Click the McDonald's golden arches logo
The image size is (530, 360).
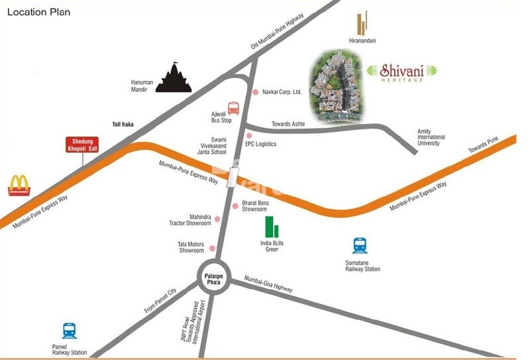coord(19,186)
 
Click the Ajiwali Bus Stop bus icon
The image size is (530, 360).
coord(234,109)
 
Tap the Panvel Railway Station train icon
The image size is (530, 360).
coord(69,331)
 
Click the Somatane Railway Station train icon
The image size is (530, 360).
coord(360,246)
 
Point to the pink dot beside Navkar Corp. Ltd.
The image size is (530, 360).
coord(256,92)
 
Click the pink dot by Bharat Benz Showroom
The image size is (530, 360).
coord(235,206)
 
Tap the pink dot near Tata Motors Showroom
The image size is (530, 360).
coord(213,249)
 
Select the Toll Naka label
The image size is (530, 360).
coord(123,124)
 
